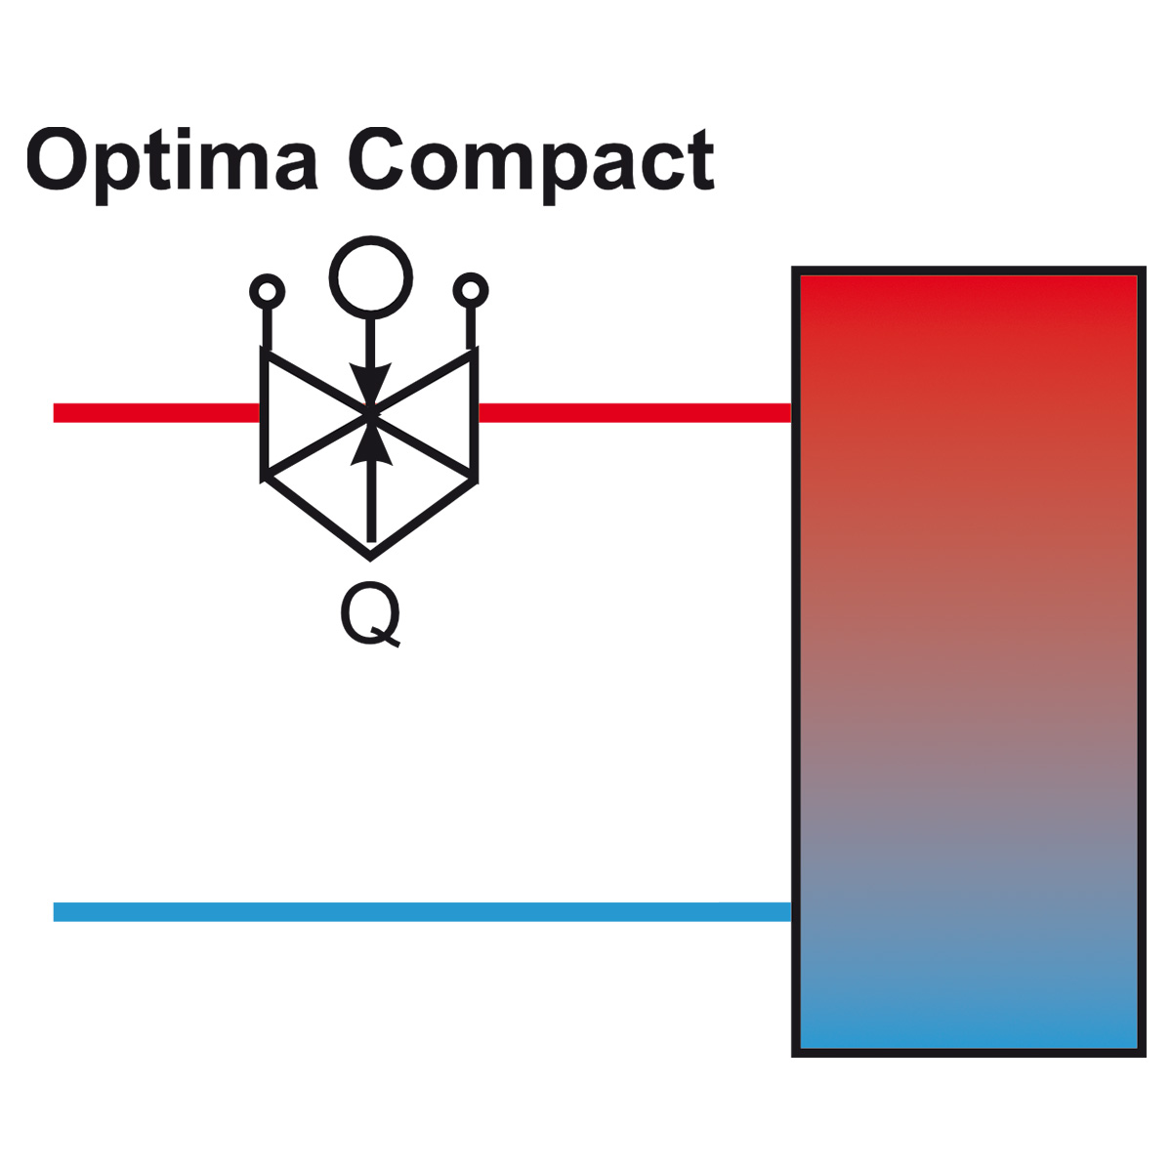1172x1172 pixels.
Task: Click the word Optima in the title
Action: [172, 161]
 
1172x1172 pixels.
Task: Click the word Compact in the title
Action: [530, 160]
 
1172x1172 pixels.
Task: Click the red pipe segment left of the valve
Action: [157, 413]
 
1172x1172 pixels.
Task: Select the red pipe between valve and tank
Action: [635, 413]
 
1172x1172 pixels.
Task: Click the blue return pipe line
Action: [423, 911]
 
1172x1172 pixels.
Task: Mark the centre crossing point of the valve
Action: [370, 413]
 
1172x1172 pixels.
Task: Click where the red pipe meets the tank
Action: [792, 413]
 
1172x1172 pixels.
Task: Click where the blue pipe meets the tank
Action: [792, 911]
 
